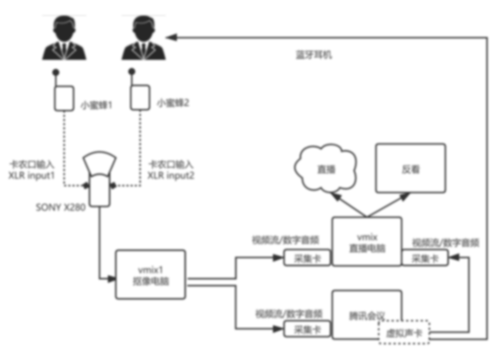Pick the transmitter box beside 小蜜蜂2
[140, 97]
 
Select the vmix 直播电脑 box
[367, 241]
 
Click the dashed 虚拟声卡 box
[403, 333]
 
